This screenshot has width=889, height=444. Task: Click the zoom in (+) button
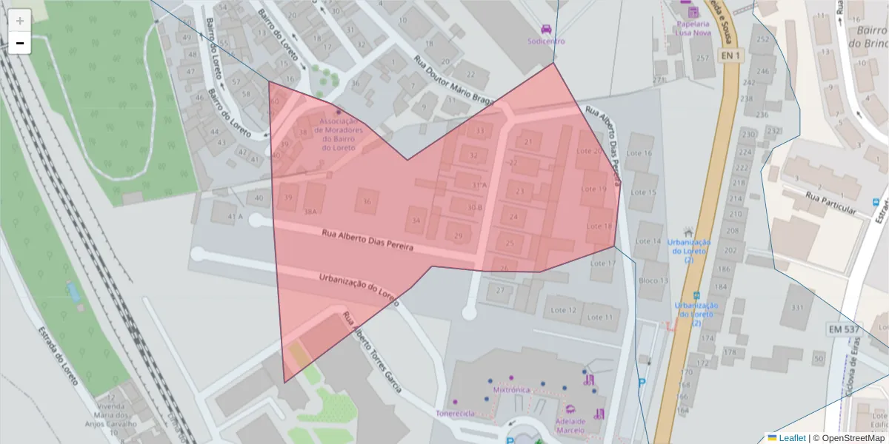click(x=19, y=21)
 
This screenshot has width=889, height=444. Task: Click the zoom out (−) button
click(x=19, y=43)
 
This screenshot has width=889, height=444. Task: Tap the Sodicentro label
click(x=546, y=41)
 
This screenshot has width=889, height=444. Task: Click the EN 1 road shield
click(x=730, y=55)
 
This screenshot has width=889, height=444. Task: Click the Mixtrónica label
click(x=510, y=388)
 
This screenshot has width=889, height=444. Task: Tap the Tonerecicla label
click(x=455, y=413)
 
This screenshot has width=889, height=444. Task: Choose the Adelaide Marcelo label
click(x=570, y=425)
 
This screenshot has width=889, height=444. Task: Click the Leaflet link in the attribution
click(x=791, y=438)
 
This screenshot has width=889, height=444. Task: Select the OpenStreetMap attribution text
click(x=853, y=438)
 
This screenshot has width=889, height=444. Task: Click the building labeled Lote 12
click(x=563, y=310)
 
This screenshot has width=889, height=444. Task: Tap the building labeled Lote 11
click(x=600, y=317)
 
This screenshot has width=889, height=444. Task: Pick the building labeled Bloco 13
click(x=653, y=280)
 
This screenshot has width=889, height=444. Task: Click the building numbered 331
click(x=797, y=308)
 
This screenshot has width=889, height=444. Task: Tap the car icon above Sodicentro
click(x=546, y=29)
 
